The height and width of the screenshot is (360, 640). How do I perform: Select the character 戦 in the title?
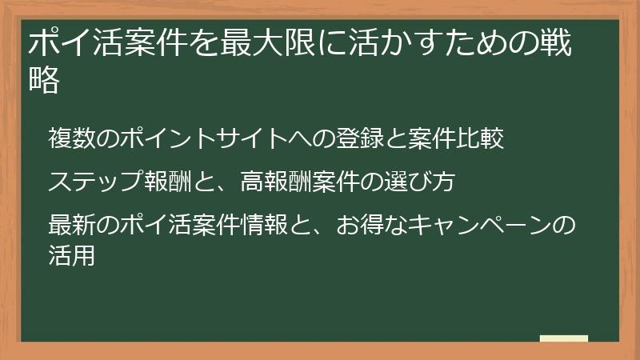coord(555,43)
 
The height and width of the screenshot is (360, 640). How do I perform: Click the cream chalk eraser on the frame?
coord(563,339)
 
